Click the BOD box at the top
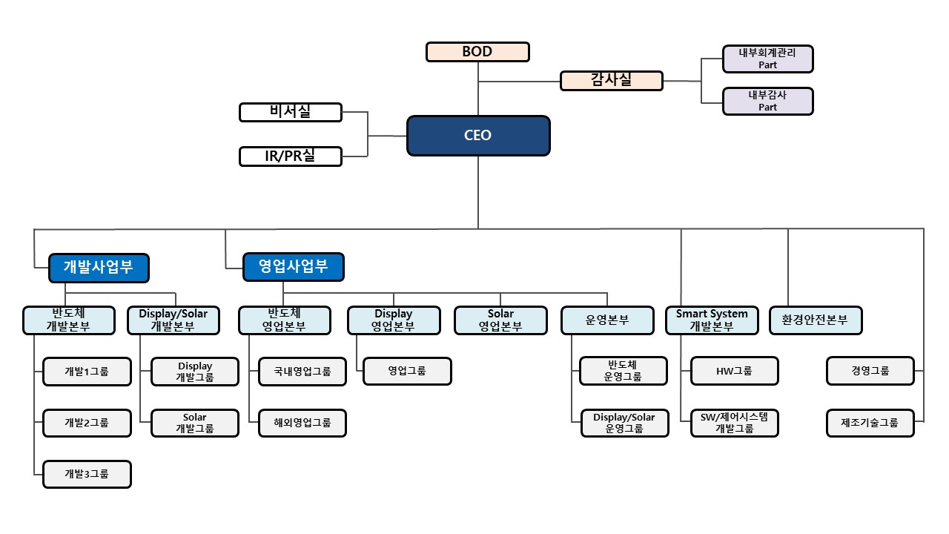point(477,52)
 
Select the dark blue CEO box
point(478,136)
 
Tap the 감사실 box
point(611,80)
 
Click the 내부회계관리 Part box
point(767,59)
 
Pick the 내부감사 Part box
point(767,102)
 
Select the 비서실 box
point(291,112)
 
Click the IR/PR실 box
point(291,156)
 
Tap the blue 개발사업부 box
point(99,268)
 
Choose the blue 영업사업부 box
point(294,268)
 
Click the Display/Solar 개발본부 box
point(173,320)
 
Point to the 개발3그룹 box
point(87,474)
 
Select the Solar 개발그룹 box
point(195,423)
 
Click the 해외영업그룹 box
point(302,423)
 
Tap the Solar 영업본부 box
point(500,320)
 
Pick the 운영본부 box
point(607,320)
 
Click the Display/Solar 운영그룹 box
point(624,423)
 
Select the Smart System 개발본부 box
point(712,320)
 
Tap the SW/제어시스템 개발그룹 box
point(734,423)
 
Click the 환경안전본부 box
point(815,320)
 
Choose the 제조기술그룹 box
point(870,423)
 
